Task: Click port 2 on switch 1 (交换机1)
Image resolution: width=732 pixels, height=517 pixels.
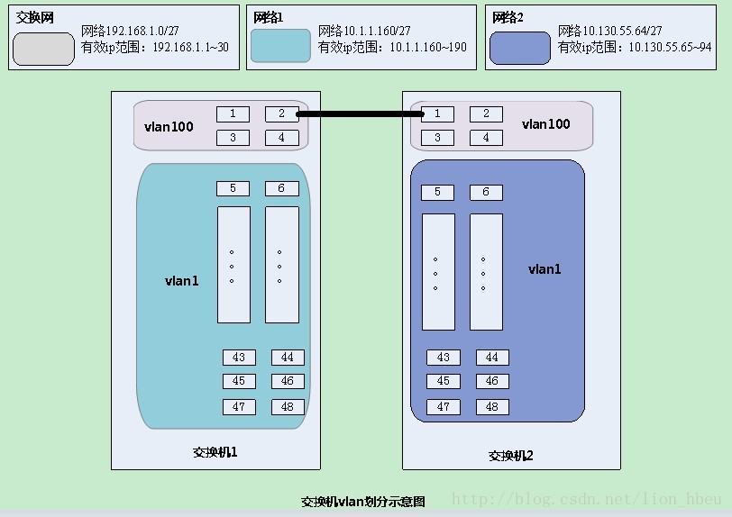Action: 281,113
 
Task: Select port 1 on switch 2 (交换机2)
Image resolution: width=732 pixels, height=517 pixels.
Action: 438,113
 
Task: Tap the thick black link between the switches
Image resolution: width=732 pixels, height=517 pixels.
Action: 360,113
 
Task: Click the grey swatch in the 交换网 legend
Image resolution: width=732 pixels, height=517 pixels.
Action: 43,48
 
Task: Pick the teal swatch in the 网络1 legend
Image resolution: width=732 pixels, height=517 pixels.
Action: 280,46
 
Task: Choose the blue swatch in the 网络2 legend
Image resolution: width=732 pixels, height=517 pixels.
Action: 519,48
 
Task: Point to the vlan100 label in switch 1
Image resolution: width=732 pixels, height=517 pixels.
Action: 169,127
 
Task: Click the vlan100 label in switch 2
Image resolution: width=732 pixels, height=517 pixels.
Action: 546,123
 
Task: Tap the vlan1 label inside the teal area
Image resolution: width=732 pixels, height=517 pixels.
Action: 181,281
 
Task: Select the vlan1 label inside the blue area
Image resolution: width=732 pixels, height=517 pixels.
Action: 544,268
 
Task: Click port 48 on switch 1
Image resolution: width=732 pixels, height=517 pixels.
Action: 288,406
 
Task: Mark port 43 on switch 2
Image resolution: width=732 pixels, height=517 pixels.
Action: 444,358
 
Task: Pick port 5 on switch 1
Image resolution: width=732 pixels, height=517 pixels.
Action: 233,188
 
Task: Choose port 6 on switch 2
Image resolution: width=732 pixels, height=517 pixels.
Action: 486,192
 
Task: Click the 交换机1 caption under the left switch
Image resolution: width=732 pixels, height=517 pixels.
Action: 215,452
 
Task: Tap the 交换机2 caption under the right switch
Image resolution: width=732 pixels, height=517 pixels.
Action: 511,456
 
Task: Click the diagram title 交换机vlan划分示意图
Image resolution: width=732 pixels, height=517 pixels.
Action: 362,502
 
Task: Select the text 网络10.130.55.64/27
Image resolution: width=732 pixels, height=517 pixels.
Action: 617,32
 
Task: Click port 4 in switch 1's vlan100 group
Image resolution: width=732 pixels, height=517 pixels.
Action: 281,138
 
